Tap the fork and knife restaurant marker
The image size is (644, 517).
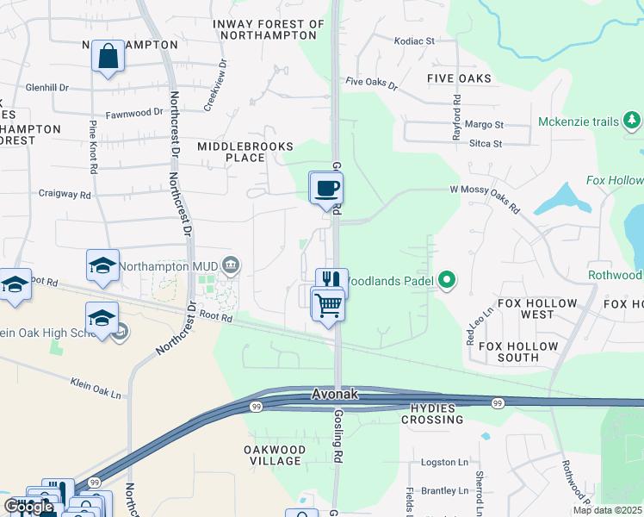point(331,280)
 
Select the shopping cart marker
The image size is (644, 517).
point(328,304)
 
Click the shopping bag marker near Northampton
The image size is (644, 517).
point(108,57)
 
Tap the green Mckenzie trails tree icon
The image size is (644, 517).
point(633,121)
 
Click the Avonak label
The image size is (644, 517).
point(334,395)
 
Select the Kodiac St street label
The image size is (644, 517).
point(414,40)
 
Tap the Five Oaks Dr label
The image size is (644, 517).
point(371,84)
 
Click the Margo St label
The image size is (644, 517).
point(484,125)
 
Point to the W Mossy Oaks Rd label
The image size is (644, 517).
point(485,197)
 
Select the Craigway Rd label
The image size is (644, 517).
point(65,196)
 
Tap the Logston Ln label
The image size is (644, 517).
point(444,463)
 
